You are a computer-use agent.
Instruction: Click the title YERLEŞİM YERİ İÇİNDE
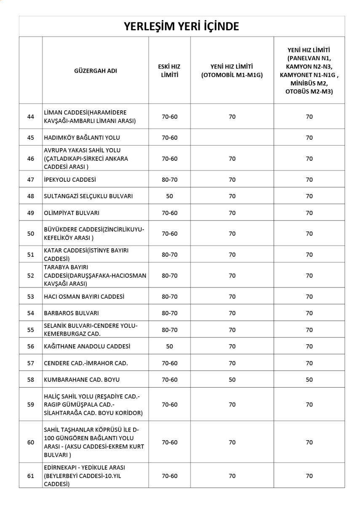tap(181, 27)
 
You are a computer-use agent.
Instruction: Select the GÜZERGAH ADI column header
tap(95, 71)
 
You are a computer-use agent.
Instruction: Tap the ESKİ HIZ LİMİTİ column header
tap(169, 71)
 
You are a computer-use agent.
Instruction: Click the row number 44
tap(30, 117)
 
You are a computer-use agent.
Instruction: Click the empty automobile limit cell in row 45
tap(232, 138)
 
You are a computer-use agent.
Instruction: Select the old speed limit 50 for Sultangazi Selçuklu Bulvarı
tap(169, 196)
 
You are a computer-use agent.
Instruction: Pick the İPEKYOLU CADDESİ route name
tap(70, 180)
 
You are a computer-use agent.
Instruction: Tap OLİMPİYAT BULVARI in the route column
tap(72, 213)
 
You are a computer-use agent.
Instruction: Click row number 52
tap(30, 276)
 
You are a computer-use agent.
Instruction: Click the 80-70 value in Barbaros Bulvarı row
tap(169, 313)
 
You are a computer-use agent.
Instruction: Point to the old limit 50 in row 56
tap(169, 346)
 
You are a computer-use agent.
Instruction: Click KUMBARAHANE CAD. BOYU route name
tap(82, 380)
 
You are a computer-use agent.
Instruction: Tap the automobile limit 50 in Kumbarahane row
tap(232, 380)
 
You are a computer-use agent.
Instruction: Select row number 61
tap(30, 476)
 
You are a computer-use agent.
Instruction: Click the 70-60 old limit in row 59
tap(169, 404)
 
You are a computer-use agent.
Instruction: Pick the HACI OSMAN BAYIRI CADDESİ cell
tap(84, 297)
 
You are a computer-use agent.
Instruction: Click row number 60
tap(30, 442)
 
